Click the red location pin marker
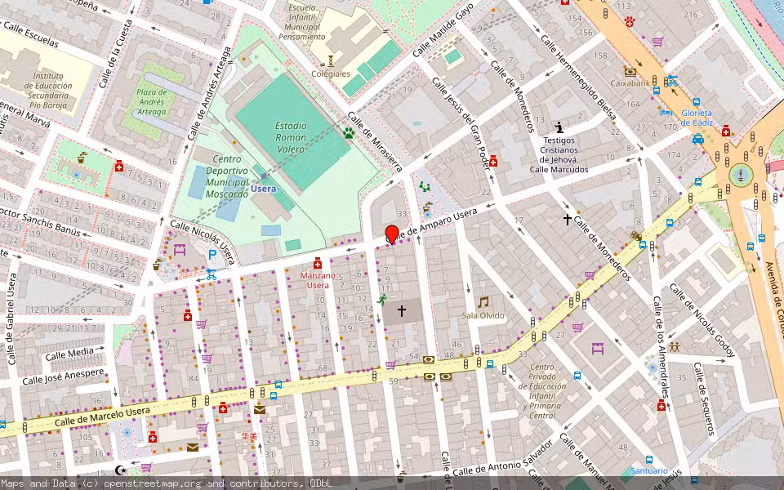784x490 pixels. click(392, 234)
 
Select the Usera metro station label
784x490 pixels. click(263, 189)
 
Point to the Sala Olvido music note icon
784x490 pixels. click(483, 302)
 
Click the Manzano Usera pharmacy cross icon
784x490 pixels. click(317, 264)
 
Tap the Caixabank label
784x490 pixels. click(630, 82)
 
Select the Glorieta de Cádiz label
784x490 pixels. click(697, 118)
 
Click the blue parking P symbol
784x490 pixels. click(212, 255)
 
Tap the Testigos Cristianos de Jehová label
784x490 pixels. click(559, 154)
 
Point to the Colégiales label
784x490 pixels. click(331, 73)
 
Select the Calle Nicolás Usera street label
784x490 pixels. click(203, 242)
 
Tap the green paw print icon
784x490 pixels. click(349, 132)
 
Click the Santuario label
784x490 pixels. click(649, 470)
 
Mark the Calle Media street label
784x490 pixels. click(69, 354)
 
